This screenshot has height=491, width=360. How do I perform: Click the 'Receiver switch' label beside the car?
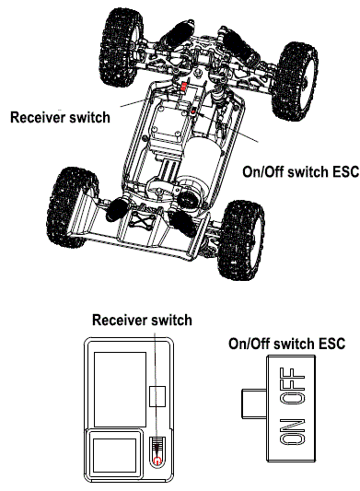coord(59,118)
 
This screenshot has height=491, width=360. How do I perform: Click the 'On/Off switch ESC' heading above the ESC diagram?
coord(286,344)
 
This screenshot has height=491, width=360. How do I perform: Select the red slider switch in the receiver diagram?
coord(157,451)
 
